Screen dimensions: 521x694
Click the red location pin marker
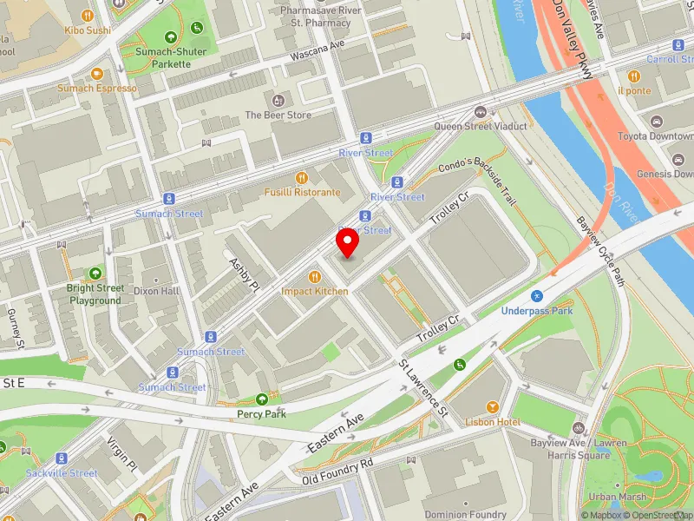(348, 244)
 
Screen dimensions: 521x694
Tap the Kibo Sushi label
(88, 29)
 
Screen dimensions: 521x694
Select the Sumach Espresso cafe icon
(96, 74)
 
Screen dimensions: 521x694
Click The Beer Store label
(278, 115)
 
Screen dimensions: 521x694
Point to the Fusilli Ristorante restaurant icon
(302, 177)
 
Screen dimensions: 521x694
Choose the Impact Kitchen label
(314, 292)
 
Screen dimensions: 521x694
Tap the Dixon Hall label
(157, 291)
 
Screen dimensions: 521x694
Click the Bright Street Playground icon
(95, 273)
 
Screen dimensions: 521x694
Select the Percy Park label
(262, 414)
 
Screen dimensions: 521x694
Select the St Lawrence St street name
(422, 388)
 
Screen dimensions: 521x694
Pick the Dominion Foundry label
(465, 515)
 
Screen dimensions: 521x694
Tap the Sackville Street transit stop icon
(61, 458)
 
